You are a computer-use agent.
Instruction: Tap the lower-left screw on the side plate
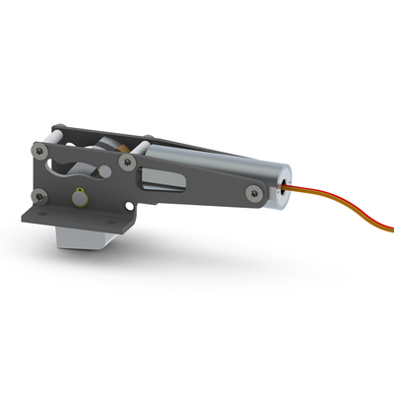(39, 194)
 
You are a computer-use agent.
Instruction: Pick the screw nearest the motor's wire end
(255, 193)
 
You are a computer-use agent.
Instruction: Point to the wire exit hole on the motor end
(284, 183)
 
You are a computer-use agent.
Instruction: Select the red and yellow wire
(335, 208)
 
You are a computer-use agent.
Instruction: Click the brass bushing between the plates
(126, 147)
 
